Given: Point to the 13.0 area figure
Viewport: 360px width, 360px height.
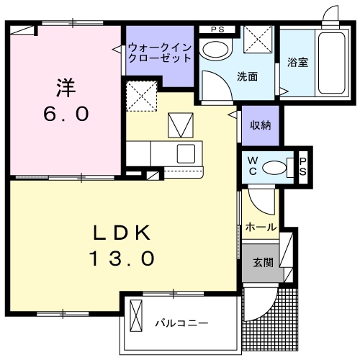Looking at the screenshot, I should [x=122, y=258].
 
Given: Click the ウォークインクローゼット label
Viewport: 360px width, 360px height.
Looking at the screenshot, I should [x=159, y=53].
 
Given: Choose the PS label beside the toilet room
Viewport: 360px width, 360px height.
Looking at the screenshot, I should [x=303, y=166].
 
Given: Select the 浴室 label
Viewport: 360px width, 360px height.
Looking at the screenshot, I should [x=297, y=62].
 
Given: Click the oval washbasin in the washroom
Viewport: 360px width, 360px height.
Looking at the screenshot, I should [x=213, y=50].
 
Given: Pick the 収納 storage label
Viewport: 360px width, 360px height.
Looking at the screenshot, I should [x=260, y=125].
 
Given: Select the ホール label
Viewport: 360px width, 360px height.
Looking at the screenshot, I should [x=260, y=227].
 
